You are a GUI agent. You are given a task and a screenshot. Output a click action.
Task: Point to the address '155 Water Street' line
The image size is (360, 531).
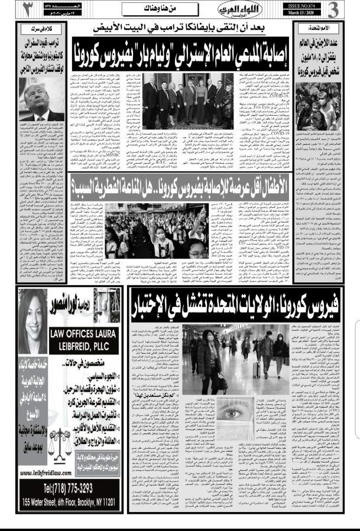click(x=66, y=503)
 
